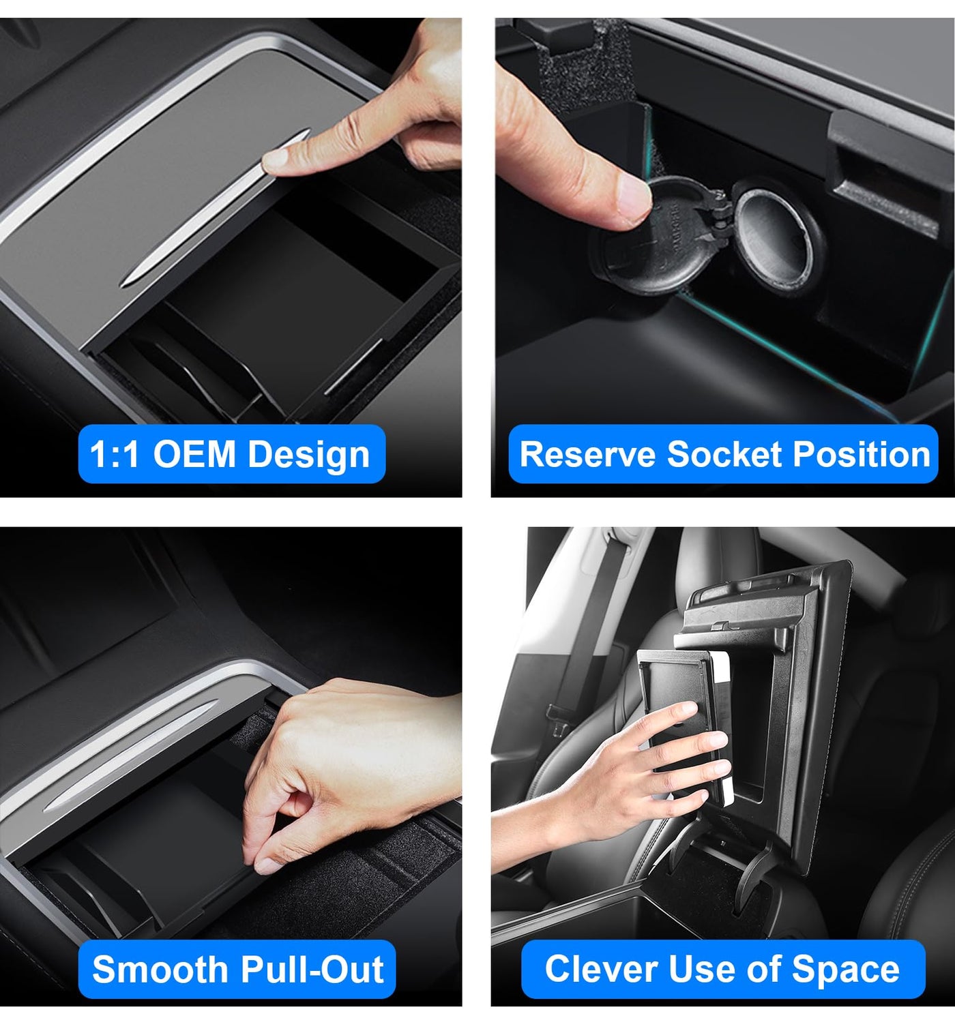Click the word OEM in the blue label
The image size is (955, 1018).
point(194,454)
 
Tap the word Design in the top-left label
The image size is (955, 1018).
point(309,454)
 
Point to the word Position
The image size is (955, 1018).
point(862,454)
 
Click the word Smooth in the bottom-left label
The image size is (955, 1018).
point(160,970)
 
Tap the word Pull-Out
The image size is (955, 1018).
point(312,970)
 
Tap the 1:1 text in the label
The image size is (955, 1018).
point(115,454)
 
